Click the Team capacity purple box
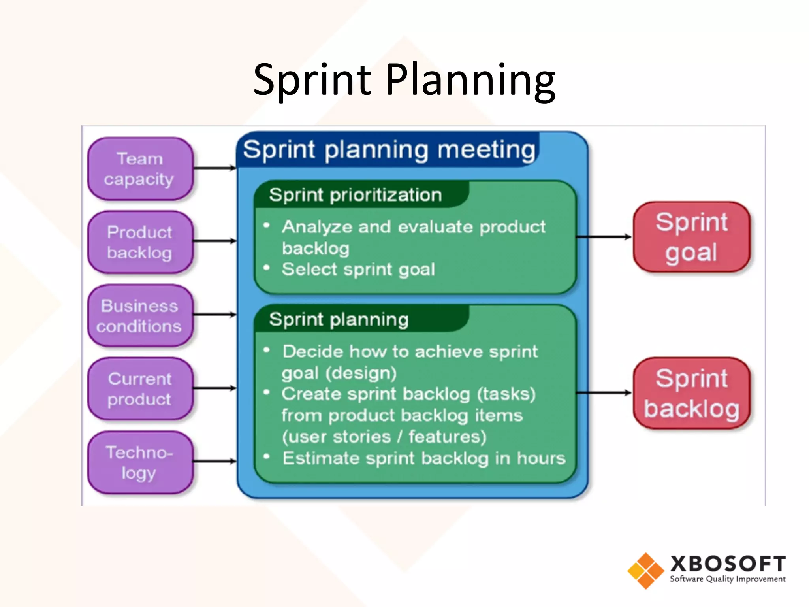click(x=140, y=169)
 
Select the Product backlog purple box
click(x=140, y=242)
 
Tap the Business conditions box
click(x=140, y=316)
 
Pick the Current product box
click(x=140, y=389)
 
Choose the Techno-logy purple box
click(x=140, y=462)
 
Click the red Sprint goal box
click(x=691, y=237)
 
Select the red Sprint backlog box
click(x=691, y=393)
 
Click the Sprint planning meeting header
click(x=389, y=150)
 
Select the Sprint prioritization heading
click(x=356, y=195)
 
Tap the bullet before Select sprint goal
click(x=267, y=268)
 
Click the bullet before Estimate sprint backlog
click(x=267, y=457)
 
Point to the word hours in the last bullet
click(x=541, y=458)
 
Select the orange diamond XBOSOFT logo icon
click(x=646, y=571)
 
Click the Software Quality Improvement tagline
click(x=728, y=579)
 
